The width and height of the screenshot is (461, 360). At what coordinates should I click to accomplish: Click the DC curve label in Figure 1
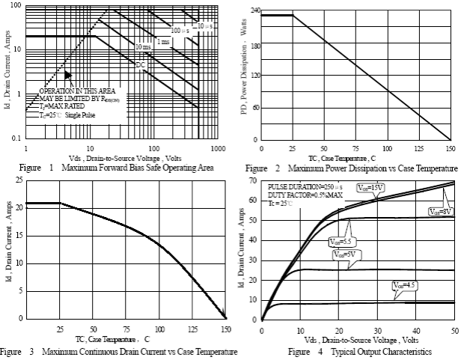point(140,65)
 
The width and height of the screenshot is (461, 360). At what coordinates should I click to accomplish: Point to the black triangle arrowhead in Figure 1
point(67,75)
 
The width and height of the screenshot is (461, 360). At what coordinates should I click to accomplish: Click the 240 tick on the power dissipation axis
point(254,10)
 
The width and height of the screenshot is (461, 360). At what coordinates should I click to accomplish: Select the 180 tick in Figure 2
point(254,45)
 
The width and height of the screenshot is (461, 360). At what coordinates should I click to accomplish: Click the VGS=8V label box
point(441,213)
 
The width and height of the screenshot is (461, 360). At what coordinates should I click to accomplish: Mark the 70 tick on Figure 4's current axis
point(253,182)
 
